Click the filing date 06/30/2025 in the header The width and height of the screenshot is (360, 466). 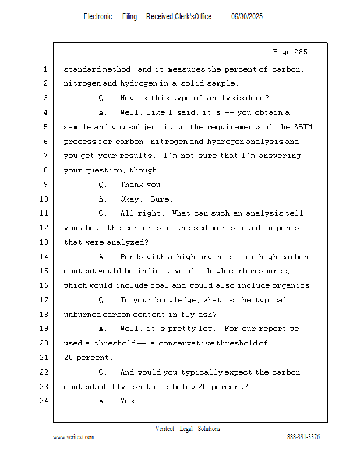click(247, 17)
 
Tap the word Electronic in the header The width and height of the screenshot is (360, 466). click(97, 17)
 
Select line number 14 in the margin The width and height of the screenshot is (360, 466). click(45, 257)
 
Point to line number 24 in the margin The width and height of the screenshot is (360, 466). click(45, 401)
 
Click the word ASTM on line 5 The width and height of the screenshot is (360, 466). click(303, 127)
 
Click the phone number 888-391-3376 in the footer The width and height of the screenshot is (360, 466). click(303, 437)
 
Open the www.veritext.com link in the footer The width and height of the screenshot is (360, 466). click(73, 437)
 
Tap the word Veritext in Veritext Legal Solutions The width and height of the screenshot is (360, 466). click(165, 429)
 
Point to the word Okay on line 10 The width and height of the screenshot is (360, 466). click(131, 199)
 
